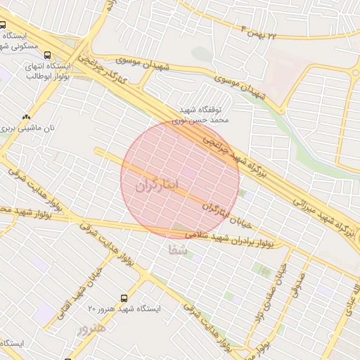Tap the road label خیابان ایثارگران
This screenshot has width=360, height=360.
pyautogui.click(x=227, y=216)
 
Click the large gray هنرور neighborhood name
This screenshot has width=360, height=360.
pyautogui.click(x=91, y=328)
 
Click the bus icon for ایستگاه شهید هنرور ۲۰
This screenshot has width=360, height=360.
pyautogui.click(x=124, y=297)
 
